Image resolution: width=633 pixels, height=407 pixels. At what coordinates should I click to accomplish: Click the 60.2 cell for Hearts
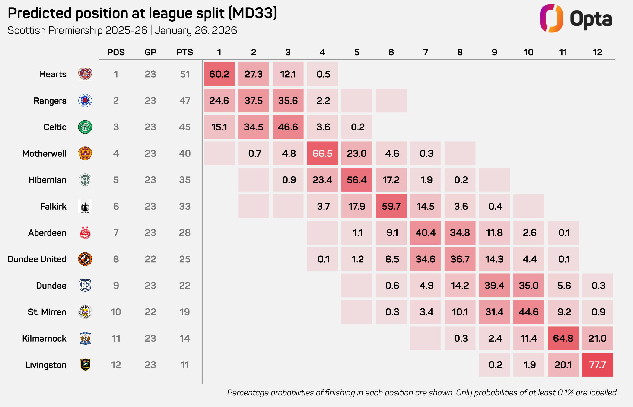click(219, 74)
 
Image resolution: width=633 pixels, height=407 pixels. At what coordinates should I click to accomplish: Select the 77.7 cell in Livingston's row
click(597, 365)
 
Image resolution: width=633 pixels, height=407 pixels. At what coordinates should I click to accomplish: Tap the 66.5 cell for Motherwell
click(322, 153)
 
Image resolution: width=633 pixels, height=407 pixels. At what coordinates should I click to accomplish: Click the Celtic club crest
click(85, 127)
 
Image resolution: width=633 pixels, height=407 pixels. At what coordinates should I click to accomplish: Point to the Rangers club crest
click(85, 100)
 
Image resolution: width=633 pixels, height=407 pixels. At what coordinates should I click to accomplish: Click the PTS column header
click(185, 52)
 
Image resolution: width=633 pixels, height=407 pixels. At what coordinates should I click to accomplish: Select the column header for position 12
click(597, 52)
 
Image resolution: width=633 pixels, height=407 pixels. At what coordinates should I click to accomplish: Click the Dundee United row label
click(37, 259)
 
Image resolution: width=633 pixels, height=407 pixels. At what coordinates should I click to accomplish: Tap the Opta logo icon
click(551, 19)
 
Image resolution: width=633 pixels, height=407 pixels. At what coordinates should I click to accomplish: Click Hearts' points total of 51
click(185, 74)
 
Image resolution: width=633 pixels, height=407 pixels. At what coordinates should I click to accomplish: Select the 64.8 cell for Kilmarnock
click(563, 338)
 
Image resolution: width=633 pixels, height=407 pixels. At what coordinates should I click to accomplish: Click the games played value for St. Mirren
click(150, 312)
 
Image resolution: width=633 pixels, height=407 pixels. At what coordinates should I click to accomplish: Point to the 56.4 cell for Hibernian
click(356, 180)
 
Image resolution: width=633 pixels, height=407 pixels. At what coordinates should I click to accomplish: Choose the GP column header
click(150, 52)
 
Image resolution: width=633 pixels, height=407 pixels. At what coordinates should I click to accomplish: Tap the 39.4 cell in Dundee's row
click(494, 285)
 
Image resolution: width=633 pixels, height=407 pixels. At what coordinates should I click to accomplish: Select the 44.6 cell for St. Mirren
click(529, 312)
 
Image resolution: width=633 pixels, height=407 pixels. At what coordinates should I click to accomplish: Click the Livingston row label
click(46, 365)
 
